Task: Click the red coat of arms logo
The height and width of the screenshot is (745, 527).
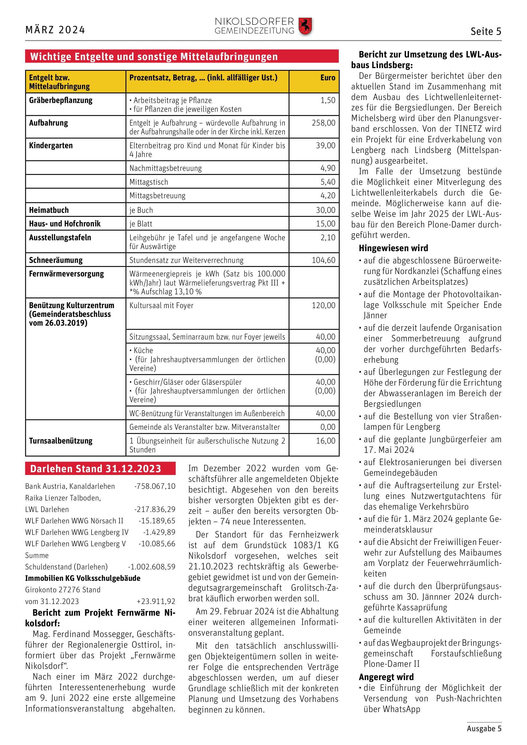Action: (x=305, y=27)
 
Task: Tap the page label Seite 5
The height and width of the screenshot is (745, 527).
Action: (x=486, y=31)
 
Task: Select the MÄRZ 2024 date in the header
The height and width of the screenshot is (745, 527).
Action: (x=55, y=30)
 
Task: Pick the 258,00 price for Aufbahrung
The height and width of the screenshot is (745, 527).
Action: (x=324, y=123)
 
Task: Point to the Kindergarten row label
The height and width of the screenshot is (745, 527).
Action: (x=51, y=145)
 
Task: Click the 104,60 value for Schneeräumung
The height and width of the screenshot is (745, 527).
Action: (x=324, y=260)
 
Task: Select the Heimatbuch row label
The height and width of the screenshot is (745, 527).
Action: (x=49, y=210)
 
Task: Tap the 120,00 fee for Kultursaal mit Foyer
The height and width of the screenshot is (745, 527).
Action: (x=324, y=306)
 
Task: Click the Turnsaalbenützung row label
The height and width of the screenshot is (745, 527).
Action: (x=61, y=441)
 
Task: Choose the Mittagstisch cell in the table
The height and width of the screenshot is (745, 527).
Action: (x=149, y=182)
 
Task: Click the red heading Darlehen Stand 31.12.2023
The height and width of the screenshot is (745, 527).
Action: (x=96, y=469)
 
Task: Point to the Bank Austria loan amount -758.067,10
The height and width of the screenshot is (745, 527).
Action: (x=155, y=486)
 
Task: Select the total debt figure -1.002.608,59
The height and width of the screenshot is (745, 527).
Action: (x=151, y=567)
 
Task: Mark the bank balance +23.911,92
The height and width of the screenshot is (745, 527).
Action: (x=156, y=601)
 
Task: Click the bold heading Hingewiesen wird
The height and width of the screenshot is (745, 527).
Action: (x=393, y=248)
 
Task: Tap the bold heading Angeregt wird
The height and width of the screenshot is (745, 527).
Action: (x=386, y=677)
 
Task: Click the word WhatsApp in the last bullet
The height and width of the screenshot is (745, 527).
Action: (x=401, y=709)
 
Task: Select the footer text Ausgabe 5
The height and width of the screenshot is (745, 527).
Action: (x=484, y=729)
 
